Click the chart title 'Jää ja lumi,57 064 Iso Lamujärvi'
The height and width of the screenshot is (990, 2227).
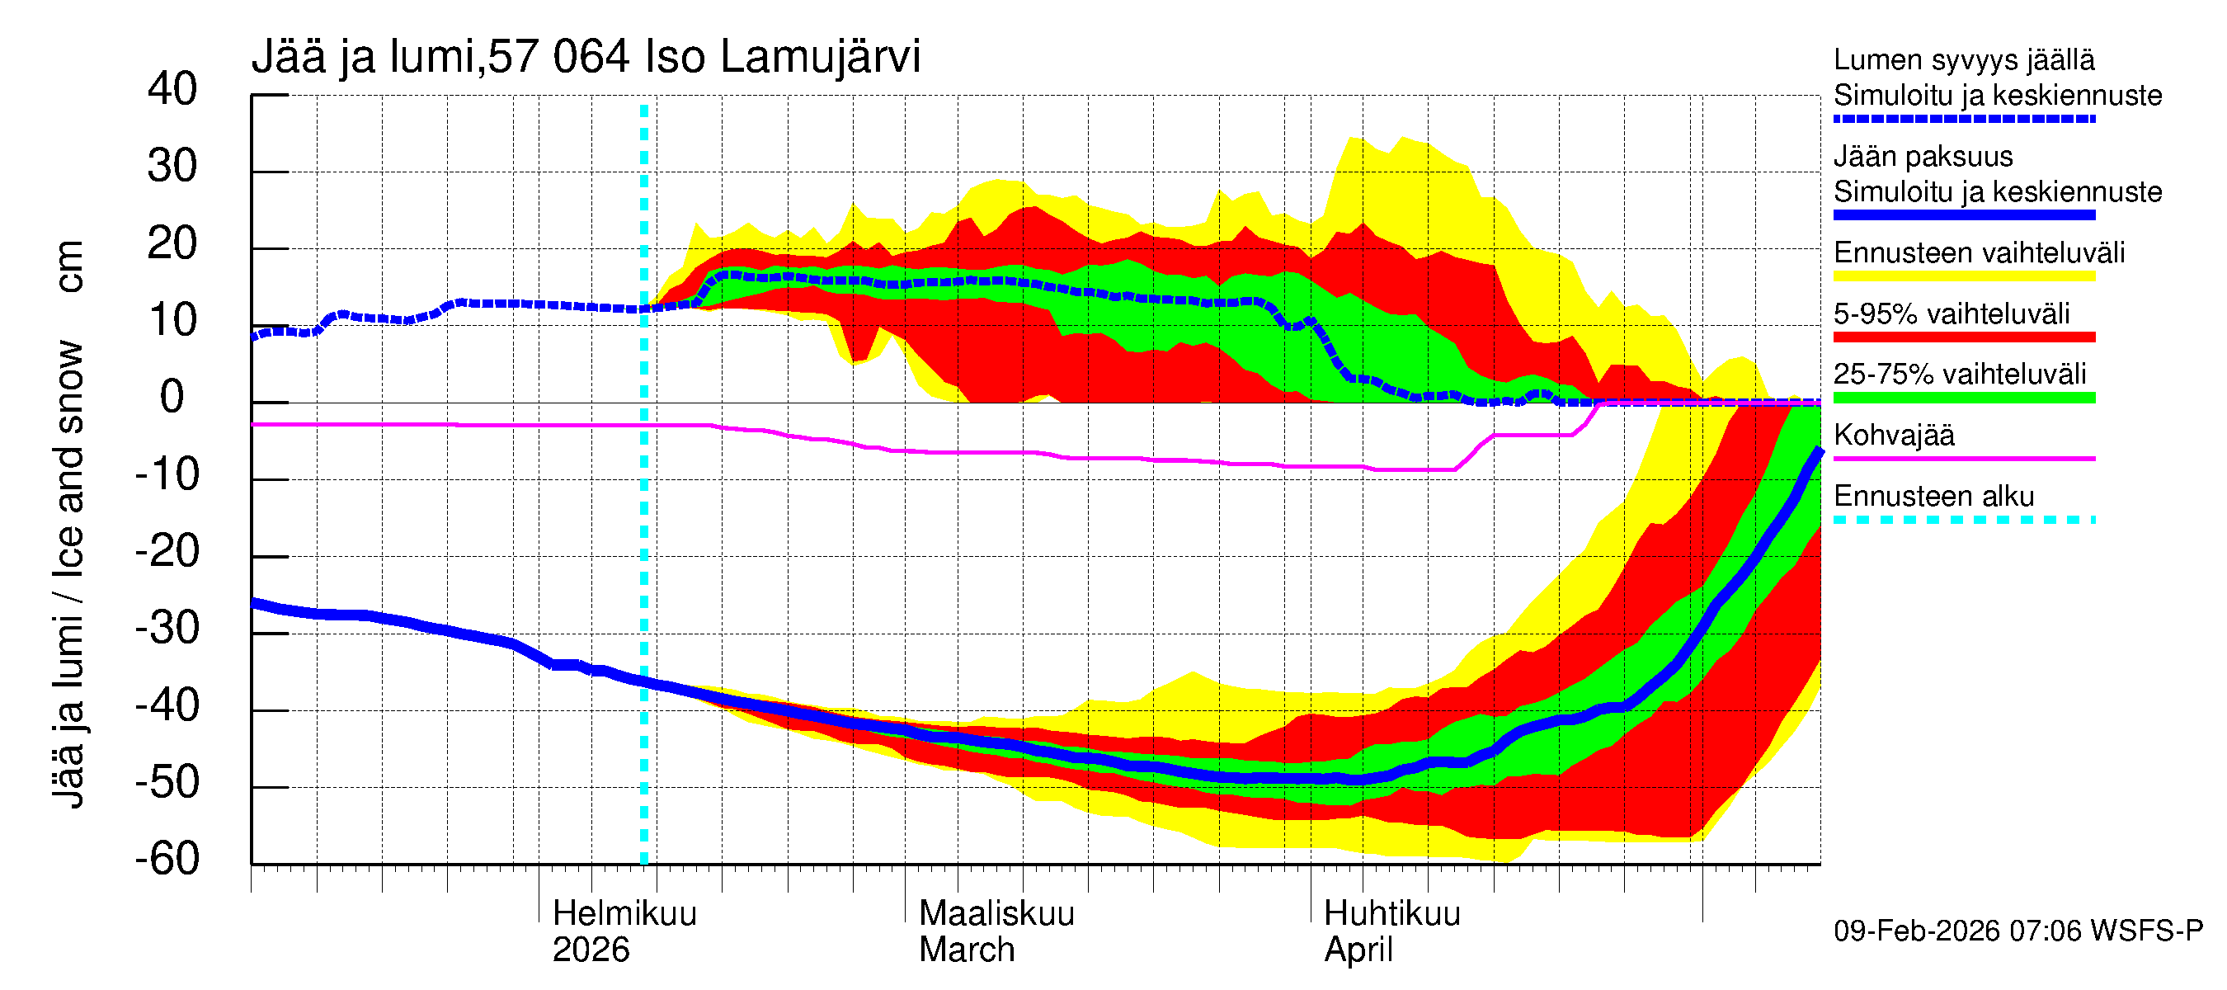(586, 57)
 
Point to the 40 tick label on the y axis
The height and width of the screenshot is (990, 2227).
(172, 89)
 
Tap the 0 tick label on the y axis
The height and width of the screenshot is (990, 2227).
(172, 397)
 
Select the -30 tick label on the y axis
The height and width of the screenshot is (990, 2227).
(167, 628)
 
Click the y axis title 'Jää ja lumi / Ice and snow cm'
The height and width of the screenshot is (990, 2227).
(68, 524)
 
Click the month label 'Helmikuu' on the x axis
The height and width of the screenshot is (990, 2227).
(624, 913)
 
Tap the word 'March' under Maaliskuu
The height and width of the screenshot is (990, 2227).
(967, 950)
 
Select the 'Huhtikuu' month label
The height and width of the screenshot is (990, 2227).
(1392, 913)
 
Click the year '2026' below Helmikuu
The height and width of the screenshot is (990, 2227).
(591, 950)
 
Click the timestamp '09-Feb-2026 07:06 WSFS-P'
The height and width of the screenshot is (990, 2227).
(2017, 931)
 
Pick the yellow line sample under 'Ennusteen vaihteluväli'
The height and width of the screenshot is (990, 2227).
(1963, 276)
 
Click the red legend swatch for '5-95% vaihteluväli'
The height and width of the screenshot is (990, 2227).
(1963, 337)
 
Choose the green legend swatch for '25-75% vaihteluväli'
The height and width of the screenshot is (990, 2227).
(1963, 398)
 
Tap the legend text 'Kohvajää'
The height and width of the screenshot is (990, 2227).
(1893, 435)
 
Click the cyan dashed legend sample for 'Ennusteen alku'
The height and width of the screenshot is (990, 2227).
(1963, 520)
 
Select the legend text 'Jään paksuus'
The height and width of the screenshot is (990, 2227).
(1923, 157)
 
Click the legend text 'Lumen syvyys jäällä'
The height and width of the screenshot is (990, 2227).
(1963, 59)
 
